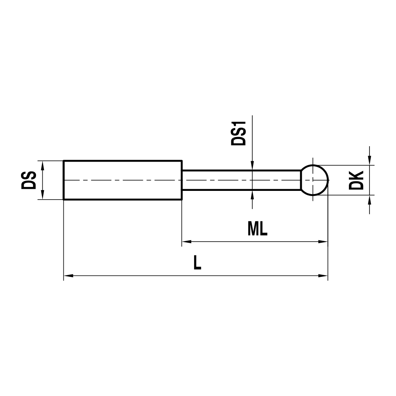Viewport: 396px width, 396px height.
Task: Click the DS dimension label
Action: pyautogui.click(x=29, y=180)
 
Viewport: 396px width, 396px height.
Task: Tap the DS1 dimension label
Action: pyautogui.click(x=239, y=134)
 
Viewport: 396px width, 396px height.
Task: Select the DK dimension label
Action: pyautogui.click(x=357, y=180)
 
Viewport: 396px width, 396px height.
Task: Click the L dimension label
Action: pyautogui.click(x=197, y=263)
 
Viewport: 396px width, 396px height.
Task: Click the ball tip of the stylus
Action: pyautogui.click(x=314, y=180)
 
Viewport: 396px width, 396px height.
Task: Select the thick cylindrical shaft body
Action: pyautogui.click(x=123, y=180)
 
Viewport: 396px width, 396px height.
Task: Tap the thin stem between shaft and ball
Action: pyautogui.click(x=242, y=180)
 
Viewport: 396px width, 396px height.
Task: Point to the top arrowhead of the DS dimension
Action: pyautogui.click(x=42, y=165)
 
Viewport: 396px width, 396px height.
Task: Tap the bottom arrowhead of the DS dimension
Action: pyautogui.click(x=42, y=196)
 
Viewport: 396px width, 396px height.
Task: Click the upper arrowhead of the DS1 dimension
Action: pyautogui.click(x=252, y=166)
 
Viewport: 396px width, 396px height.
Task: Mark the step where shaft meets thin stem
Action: pyautogui.click(x=182, y=180)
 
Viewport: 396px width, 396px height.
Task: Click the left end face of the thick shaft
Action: pyautogui.click(x=64, y=180)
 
